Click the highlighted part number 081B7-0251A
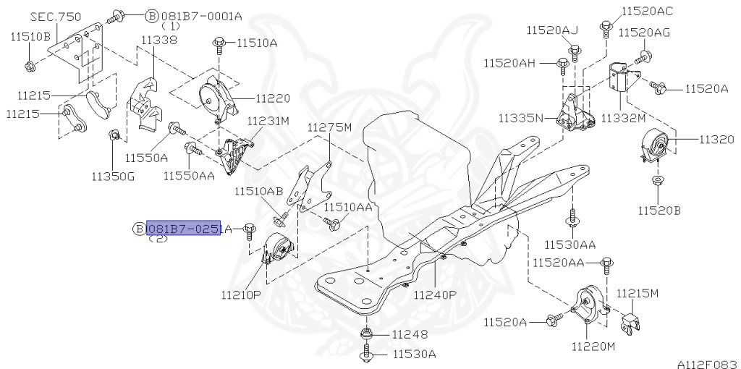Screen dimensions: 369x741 click(184, 229)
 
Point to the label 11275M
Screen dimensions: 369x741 click(329, 127)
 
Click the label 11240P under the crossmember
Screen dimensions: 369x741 click(435, 295)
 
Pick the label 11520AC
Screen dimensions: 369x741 click(646, 11)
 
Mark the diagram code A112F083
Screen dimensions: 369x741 click(707, 360)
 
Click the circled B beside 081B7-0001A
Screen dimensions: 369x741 click(151, 15)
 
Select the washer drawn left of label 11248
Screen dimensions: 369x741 click(367, 334)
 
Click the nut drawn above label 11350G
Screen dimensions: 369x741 click(114, 136)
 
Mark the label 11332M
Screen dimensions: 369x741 click(623, 117)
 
